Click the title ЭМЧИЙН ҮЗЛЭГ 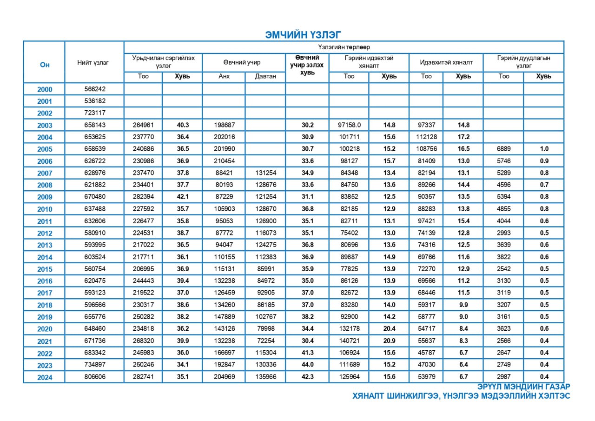(x=303, y=34)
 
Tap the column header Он (x=45, y=65)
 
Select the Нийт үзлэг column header (x=93, y=63)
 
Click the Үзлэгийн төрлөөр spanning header (x=344, y=47)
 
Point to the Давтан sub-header (x=265, y=76)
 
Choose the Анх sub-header (x=224, y=76)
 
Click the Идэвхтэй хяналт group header (x=446, y=63)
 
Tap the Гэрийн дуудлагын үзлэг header (x=523, y=62)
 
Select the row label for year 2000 (x=45, y=89)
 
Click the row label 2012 (x=45, y=233)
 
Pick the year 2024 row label (x=45, y=377)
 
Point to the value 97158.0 (x=349, y=125)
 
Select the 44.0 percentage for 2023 (x=308, y=365)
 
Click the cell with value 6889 (x=504, y=149)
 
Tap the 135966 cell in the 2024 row (x=266, y=377)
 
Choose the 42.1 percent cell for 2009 (x=182, y=197)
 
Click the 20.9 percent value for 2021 (x=389, y=341)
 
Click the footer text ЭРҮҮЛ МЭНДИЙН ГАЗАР (x=523, y=387)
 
